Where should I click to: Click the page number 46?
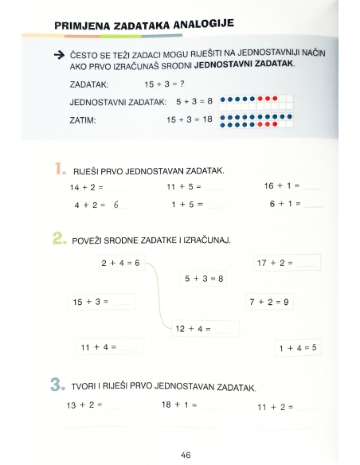click(x=186, y=455)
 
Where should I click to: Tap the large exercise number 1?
click(x=59, y=168)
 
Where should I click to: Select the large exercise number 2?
click(x=59, y=237)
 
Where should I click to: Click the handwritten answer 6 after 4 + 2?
click(x=116, y=205)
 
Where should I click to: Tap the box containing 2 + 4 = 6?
click(x=120, y=263)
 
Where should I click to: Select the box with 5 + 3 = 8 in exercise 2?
click(x=204, y=279)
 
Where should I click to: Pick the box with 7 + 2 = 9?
click(x=268, y=302)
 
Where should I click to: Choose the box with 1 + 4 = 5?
click(x=298, y=347)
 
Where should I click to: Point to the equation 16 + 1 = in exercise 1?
click(x=281, y=186)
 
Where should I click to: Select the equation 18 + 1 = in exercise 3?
click(x=179, y=405)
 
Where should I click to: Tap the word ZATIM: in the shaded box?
click(x=83, y=120)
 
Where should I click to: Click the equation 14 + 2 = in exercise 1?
click(x=88, y=187)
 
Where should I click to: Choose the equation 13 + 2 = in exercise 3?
click(x=85, y=405)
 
